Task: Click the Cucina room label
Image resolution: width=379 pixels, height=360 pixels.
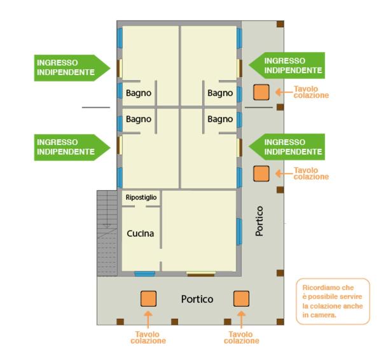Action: click(140, 233)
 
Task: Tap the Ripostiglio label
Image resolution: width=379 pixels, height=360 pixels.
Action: click(141, 198)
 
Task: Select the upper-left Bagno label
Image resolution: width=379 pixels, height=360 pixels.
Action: click(139, 93)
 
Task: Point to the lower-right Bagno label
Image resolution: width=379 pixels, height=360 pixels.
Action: click(220, 119)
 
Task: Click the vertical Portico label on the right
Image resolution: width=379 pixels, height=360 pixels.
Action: click(259, 221)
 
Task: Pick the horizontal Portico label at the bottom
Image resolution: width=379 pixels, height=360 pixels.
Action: click(197, 300)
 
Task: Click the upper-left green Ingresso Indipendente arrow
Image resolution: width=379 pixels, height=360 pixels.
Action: click(72, 68)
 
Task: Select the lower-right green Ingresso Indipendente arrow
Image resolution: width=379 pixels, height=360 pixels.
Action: click(287, 147)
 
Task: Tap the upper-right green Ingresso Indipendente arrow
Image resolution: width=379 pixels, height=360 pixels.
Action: click(287, 66)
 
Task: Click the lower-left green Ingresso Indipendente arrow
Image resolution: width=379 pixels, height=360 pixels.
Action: click(72, 147)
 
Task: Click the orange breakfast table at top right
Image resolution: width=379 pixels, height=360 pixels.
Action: click(261, 92)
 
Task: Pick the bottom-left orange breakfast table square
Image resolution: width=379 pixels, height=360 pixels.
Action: click(148, 298)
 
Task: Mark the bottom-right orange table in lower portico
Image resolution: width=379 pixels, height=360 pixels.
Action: click(241, 298)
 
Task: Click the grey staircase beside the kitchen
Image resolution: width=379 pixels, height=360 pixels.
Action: click(107, 233)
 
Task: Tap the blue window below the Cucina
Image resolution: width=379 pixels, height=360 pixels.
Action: click(145, 273)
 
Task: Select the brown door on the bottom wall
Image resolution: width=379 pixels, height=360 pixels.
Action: click(201, 274)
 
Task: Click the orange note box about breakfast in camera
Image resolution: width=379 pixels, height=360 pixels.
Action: click(333, 301)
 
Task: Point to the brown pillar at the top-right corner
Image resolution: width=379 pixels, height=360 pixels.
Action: click(280, 24)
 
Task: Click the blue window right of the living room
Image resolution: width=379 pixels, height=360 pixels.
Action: click(239, 232)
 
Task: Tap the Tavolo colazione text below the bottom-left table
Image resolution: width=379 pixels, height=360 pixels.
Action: click(148, 338)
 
